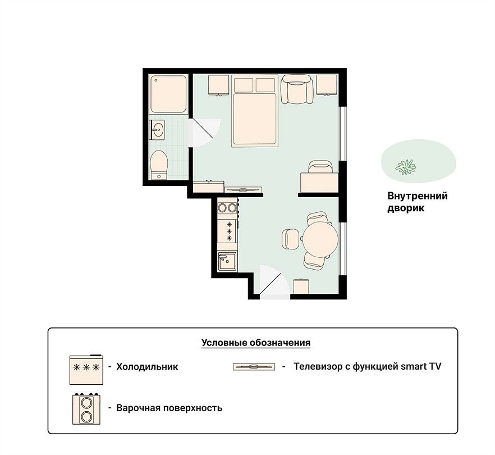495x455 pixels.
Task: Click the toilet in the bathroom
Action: [159, 165]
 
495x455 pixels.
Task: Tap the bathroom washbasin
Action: [157, 130]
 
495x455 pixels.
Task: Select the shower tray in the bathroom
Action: [168, 94]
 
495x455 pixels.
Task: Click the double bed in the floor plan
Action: [254, 111]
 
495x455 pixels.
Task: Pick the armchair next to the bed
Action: [297, 89]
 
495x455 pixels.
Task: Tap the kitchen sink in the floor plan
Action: [227, 261]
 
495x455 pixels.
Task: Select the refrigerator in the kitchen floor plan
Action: [227, 231]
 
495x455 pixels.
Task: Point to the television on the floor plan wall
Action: [243, 190]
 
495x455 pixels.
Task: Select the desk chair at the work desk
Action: [320, 166]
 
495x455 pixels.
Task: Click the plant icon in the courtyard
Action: [406, 167]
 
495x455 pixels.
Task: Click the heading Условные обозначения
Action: [256, 343]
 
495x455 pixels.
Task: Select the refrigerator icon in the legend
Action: [86, 370]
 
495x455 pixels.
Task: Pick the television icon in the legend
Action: [254, 367]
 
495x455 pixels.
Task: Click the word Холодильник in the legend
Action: [147, 366]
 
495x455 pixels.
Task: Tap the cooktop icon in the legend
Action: [86, 408]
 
